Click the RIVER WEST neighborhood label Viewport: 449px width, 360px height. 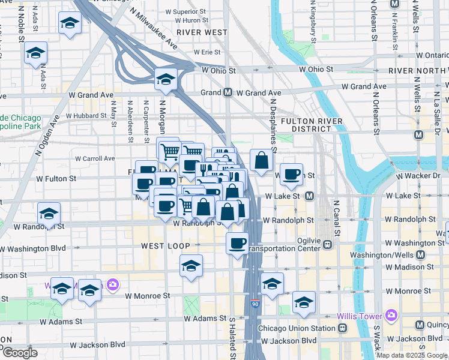tap(202, 32)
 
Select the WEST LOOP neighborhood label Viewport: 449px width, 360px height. tap(166, 246)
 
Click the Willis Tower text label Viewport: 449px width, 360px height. tap(360, 315)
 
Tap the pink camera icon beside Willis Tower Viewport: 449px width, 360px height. tap(391, 314)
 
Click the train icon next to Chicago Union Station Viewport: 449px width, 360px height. tap(342, 328)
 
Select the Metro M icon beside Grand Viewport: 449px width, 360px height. tap(228, 93)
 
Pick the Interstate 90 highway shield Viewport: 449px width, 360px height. tap(256, 304)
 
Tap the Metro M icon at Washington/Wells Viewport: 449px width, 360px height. tap(420, 254)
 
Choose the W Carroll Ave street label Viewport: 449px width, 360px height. tap(95, 158)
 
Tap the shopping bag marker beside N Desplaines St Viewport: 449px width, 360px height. tap(262, 160)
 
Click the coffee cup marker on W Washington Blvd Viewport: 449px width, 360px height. tap(238, 243)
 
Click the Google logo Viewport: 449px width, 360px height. tap(20, 353)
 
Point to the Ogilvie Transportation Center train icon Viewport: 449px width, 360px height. tap(328, 244)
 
